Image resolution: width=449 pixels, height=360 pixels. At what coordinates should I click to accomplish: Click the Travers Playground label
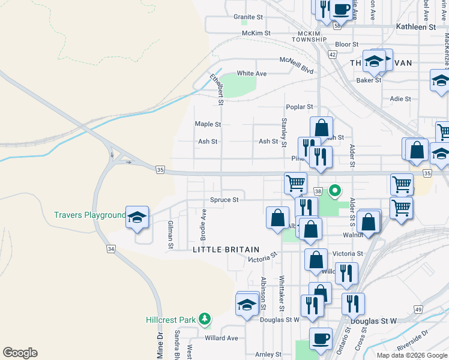pyautogui.click(x=89, y=215)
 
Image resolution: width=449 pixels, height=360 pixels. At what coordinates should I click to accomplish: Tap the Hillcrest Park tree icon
pyautogui.click(x=205, y=318)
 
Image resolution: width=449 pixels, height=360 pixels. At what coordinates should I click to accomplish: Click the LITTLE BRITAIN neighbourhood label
pyautogui.click(x=226, y=250)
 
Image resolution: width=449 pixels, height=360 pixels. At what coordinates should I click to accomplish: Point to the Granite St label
pyautogui.click(x=249, y=17)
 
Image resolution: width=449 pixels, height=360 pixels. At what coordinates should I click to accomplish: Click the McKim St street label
pyautogui.click(x=256, y=33)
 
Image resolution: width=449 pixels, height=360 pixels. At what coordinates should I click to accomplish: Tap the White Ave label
pyautogui.click(x=252, y=73)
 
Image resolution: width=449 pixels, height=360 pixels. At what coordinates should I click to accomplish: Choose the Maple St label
pyautogui.click(x=208, y=124)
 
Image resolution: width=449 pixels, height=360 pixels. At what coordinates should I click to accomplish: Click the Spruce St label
pyautogui.click(x=224, y=200)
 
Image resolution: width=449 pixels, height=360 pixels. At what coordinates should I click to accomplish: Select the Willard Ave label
pyautogui.click(x=221, y=338)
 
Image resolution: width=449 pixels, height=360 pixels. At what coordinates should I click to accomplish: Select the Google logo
pyautogui.click(x=20, y=353)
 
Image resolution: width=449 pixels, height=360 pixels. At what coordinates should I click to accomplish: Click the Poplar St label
pyautogui.click(x=300, y=107)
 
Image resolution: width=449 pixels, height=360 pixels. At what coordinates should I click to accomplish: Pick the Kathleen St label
pyautogui.click(x=416, y=28)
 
